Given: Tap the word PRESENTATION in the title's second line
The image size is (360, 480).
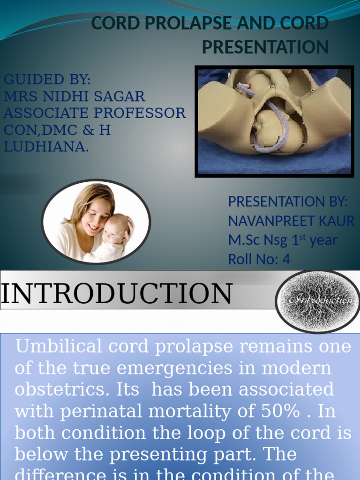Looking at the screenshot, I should [x=265, y=47].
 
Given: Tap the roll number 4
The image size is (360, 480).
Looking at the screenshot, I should [x=286, y=259].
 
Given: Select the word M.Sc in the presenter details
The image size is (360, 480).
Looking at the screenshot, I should [x=243, y=240].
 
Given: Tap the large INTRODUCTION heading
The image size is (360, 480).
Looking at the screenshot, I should [x=116, y=294].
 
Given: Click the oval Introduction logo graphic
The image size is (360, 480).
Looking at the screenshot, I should [x=317, y=301].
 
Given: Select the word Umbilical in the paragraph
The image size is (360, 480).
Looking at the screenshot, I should [x=60, y=347].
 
